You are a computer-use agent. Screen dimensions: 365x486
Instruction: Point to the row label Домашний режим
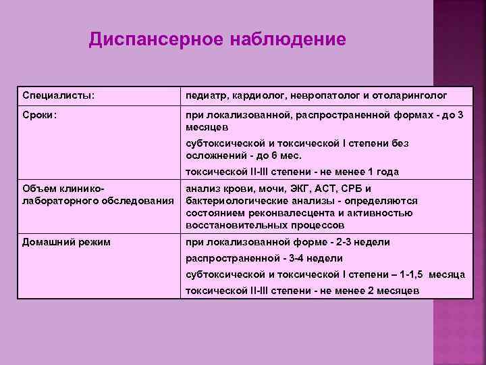pyautogui.click(x=66, y=242)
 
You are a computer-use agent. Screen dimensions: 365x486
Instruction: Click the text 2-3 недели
pyautogui.click(x=362, y=242)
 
